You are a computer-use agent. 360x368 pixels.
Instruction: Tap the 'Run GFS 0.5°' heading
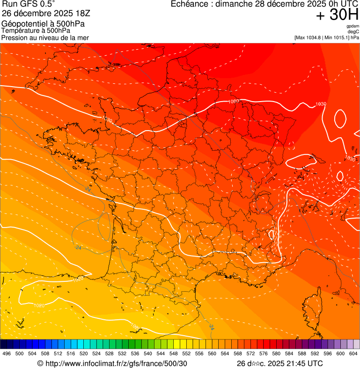pyautogui.click(x=28, y=4)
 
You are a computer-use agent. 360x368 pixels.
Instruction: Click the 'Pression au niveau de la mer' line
pyautogui.click(x=45, y=37)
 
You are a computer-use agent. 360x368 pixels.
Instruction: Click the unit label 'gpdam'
pyautogui.click(x=353, y=26)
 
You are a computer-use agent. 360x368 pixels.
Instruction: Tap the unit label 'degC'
pyautogui.click(x=353, y=32)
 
